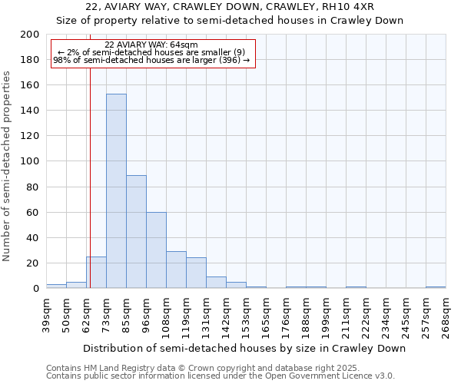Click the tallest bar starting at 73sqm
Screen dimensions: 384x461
[116, 191]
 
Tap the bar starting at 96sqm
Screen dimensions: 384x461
[156, 250]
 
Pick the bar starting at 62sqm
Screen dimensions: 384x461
[96, 273]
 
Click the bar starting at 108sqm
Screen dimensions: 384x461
[176, 270]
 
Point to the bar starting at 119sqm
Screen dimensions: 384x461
[196, 273]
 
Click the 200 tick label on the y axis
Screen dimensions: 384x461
[30, 35]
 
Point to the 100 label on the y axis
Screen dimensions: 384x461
[30, 161]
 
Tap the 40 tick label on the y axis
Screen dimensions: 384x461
[33, 237]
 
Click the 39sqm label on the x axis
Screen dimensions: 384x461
[46, 313]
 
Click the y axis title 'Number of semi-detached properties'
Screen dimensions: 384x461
[8, 166]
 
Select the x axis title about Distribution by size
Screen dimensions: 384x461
[244, 348]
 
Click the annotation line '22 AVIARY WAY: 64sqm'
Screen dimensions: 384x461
[151, 45]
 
